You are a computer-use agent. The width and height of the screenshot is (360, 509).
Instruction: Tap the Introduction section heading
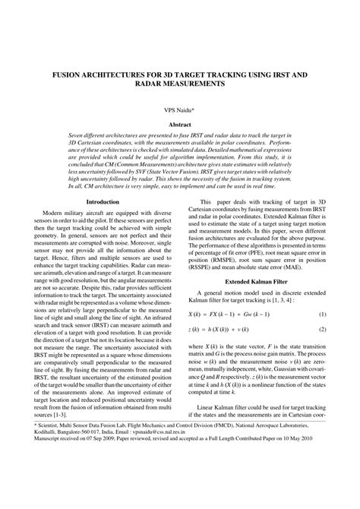pos(103,201)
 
